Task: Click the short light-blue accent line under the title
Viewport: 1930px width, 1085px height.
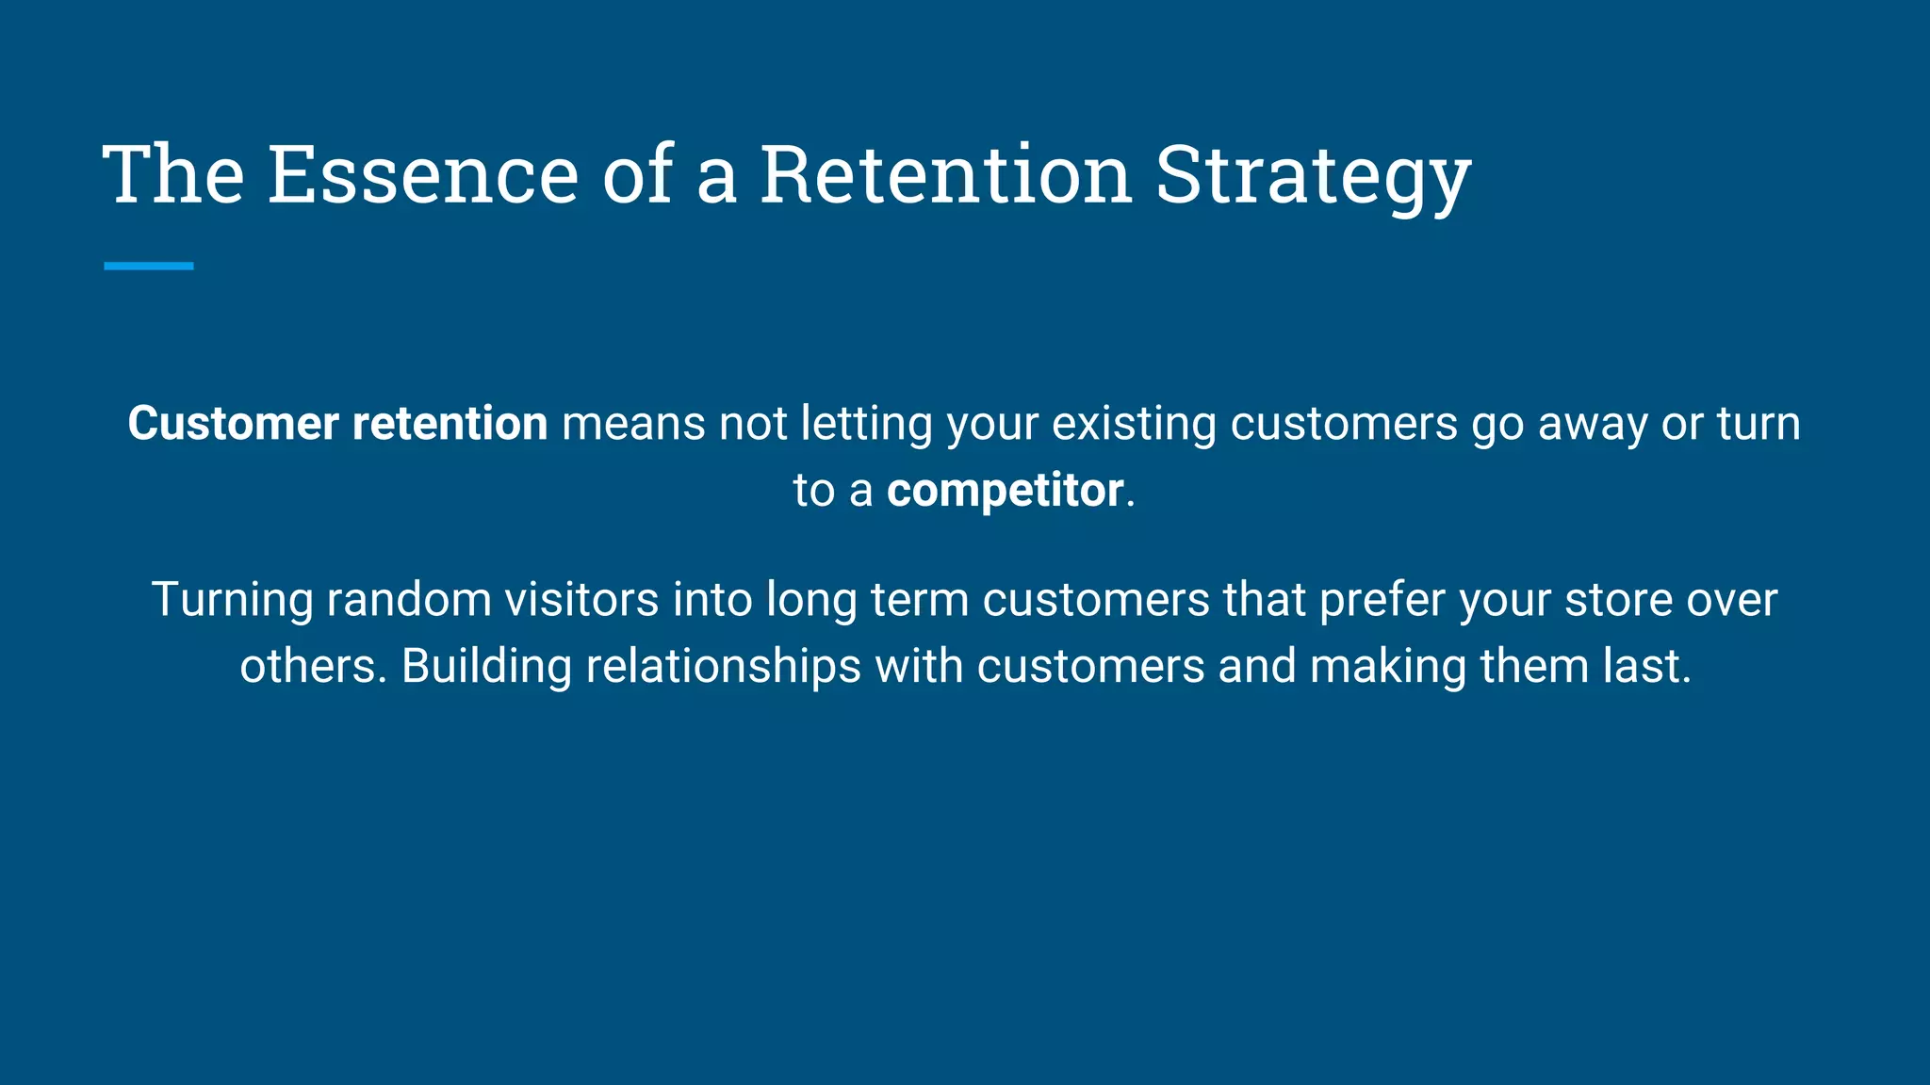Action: (x=149, y=267)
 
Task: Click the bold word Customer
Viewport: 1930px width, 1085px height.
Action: (x=233, y=424)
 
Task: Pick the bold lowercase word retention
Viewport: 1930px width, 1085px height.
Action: (x=450, y=424)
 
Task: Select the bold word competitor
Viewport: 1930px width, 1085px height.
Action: (x=1005, y=491)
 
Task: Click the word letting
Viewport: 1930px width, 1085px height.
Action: (x=866, y=424)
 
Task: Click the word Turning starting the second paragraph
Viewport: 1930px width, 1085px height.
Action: (x=232, y=601)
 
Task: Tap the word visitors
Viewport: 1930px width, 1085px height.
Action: (x=581, y=600)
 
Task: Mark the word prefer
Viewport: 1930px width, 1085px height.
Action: (x=1382, y=601)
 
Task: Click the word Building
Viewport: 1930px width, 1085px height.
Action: (x=486, y=668)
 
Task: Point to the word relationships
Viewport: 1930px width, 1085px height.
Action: (x=723, y=668)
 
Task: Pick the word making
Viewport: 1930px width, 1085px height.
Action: (x=1387, y=668)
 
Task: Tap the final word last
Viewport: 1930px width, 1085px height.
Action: (x=1647, y=667)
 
